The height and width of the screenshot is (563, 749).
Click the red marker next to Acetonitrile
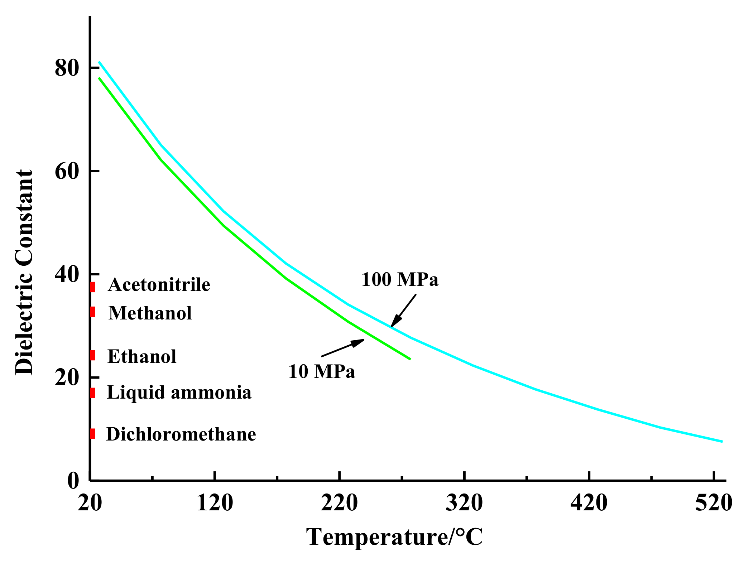(x=92, y=287)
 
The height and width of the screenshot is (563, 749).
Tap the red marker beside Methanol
(x=92, y=312)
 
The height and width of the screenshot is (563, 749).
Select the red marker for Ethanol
(x=92, y=355)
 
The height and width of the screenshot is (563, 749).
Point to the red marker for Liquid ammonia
(x=92, y=393)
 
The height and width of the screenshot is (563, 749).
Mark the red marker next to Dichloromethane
(x=92, y=434)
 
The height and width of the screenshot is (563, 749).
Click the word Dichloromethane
(x=181, y=434)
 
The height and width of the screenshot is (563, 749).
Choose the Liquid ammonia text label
(x=179, y=393)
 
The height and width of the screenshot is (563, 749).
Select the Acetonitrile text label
(x=159, y=285)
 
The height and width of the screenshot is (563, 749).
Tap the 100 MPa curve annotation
(x=400, y=279)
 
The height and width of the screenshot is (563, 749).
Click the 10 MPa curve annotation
(x=322, y=371)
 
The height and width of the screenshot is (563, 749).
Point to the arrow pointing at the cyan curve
(x=404, y=310)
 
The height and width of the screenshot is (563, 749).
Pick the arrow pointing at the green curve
(x=343, y=347)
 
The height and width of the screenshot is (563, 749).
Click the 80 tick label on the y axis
(x=67, y=68)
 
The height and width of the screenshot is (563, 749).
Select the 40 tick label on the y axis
(x=67, y=274)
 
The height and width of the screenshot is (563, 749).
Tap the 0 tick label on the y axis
(x=73, y=481)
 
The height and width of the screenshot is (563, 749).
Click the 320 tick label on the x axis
(x=464, y=503)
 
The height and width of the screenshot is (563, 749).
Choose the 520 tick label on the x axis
(x=714, y=503)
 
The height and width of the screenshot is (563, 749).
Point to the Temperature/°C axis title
(x=394, y=537)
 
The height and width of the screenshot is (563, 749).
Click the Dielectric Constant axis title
(x=24, y=272)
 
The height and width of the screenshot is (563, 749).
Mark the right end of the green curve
(x=410, y=359)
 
